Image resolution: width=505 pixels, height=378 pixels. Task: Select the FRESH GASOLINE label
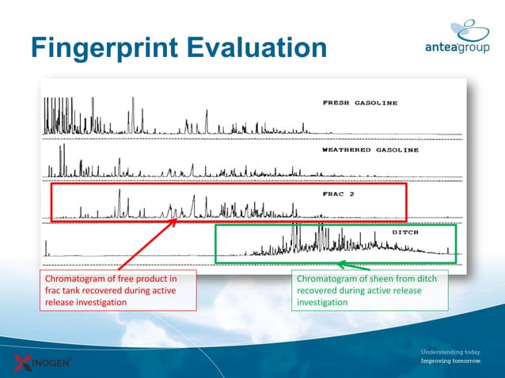coord(359,103)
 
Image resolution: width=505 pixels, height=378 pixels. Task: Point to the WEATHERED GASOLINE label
coord(370,150)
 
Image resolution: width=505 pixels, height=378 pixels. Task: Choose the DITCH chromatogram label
coord(410,232)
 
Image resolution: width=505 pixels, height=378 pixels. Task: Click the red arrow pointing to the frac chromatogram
coord(146,245)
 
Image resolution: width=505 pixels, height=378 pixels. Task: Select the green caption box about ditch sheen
coord(370,290)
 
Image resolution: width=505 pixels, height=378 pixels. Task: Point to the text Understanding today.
coord(450,351)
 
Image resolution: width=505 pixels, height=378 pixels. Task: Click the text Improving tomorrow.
coord(450,361)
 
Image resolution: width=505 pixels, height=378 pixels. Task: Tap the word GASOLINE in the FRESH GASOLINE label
coord(375,103)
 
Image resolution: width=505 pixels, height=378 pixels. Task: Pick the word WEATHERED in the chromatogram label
coord(347,150)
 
